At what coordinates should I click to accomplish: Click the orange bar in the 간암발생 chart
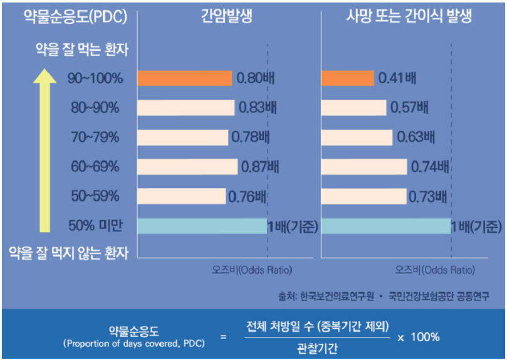[x=185, y=78]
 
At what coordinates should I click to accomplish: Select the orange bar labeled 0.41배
[x=348, y=78]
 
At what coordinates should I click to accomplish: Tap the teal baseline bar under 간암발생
[x=202, y=225]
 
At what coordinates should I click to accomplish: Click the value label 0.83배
[x=258, y=107]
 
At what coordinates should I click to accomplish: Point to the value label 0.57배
[x=409, y=107]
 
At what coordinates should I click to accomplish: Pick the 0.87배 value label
[x=259, y=166]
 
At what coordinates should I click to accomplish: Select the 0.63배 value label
[x=415, y=137]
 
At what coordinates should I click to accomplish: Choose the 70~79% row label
[x=95, y=137]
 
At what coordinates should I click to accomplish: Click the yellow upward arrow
[x=44, y=151]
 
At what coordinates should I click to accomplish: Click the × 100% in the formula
[x=419, y=337]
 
